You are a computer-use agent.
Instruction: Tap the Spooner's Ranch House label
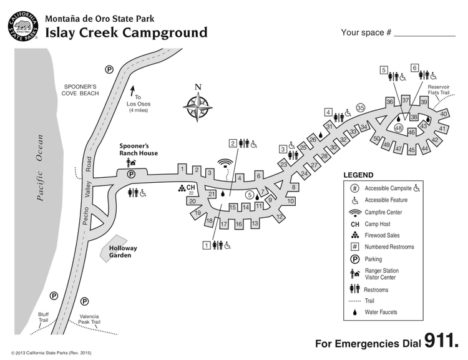pos(139,149)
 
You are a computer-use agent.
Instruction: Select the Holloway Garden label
pos(123,251)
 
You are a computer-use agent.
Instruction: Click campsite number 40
pos(444,114)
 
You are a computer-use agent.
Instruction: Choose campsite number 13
pos(255,223)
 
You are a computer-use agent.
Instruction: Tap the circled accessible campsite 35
pos(360,108)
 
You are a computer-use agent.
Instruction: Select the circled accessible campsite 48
pos(399,128)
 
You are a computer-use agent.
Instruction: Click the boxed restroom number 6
pos(414,68)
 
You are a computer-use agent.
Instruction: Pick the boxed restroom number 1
pos(207,245)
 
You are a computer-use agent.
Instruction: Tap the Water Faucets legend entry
pos(381,312)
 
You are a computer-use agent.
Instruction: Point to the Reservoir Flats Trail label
pos(438,89)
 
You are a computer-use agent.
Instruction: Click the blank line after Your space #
pos(426,33)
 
